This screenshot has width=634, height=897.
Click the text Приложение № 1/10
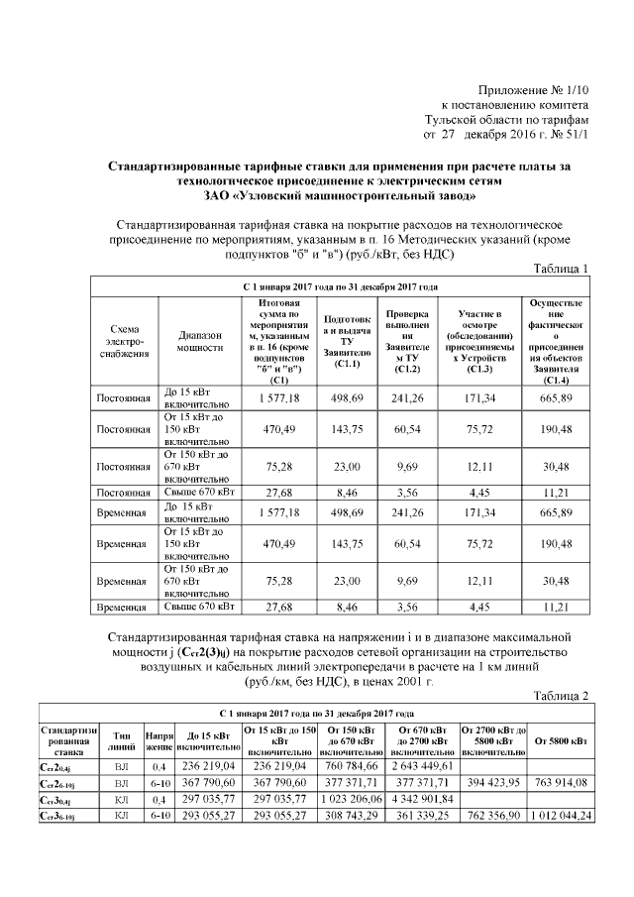pos(533,90)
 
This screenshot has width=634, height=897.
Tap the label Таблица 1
pos(561,270)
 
